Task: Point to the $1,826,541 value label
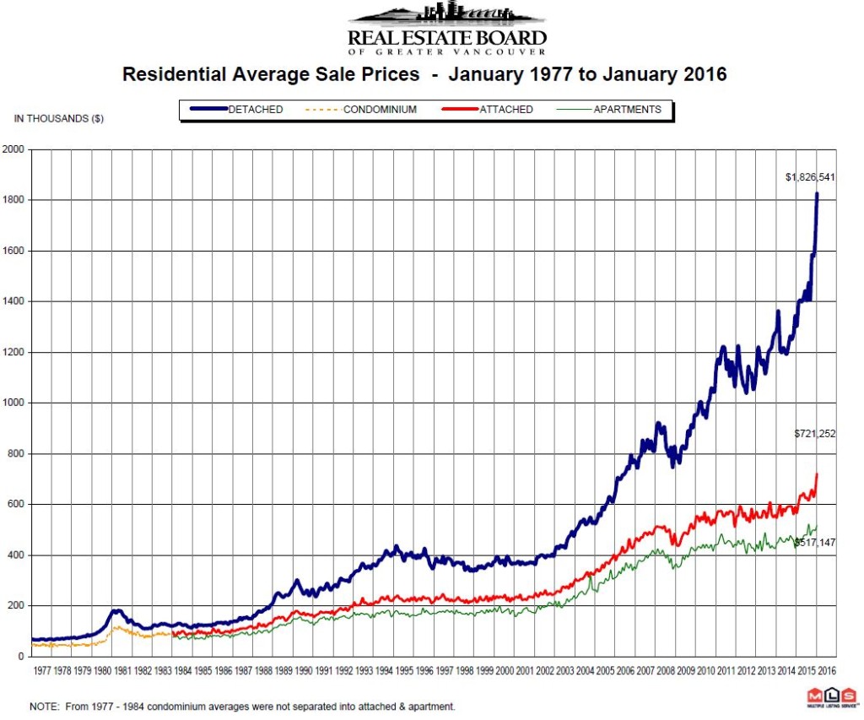[x=809, y=177]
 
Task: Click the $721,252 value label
[x=814, y=433]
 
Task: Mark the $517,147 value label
[x=816, y=542]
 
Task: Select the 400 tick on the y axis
[x=19, y=555]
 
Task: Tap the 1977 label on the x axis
[x=42, y=671]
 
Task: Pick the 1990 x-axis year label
[x=303, y=671]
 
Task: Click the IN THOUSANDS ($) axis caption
[x=59, y=119]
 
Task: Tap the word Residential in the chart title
[x=173, y=74]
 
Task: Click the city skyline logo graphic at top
[x=446, y=15]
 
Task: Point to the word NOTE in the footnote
[x=43, y=706]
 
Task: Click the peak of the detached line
[x=817, y=194]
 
